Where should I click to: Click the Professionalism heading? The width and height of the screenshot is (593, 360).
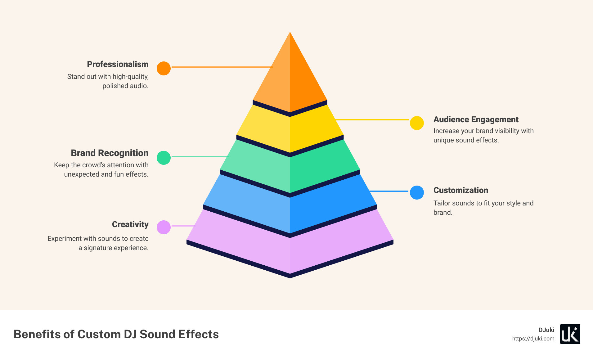point(118,64)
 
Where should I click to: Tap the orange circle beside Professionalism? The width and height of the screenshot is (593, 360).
point(164,68)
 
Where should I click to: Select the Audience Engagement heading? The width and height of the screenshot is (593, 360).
point(476,119)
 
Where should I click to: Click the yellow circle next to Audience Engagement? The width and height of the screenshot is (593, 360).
point(417,123)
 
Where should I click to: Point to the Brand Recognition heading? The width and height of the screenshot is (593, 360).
point(110,153)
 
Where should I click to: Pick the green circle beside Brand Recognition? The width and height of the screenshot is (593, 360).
point(164,158)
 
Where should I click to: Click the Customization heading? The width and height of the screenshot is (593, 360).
point(460,190)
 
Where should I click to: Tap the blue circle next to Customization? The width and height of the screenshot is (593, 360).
point(417,192)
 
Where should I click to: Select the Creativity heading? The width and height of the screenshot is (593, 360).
point(130,224)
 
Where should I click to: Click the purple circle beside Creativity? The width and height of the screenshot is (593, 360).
point(164,227)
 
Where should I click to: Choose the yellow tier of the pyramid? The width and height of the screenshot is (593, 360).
point(290,130)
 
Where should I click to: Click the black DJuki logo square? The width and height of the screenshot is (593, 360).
point(570,334)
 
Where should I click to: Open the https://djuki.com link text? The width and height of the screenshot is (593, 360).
point(533,339)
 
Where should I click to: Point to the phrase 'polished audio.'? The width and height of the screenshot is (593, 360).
point(125,86)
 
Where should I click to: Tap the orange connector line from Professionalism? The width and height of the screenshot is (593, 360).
point(222,67)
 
